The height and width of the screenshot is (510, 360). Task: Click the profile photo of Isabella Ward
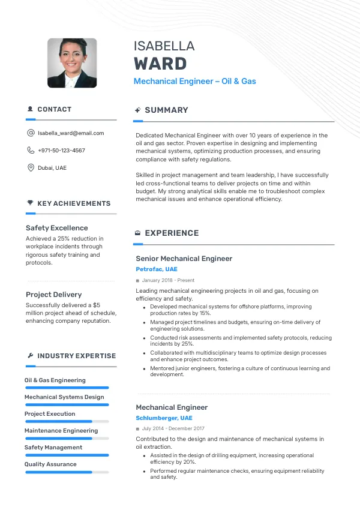[x=72, y=63]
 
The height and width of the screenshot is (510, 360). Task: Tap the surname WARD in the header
[x=160, y=64]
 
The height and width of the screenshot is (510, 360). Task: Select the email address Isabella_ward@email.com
[x=71, y=133]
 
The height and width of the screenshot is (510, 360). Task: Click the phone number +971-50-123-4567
[x=61, y=151]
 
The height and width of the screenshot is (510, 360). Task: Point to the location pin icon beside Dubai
[x=31, y=168]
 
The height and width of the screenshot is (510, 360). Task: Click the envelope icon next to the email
[x=31, y=133]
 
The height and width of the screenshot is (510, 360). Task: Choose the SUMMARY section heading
[x=166, y=110]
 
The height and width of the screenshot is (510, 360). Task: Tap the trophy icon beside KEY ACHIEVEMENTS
[x=30, y=203]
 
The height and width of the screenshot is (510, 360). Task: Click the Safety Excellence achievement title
[x=56, y=228]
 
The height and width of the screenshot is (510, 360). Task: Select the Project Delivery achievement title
[x=53, y=295]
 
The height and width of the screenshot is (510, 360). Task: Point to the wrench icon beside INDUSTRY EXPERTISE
[x=30, y=356]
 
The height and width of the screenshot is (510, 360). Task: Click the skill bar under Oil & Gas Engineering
[x=67, y=388]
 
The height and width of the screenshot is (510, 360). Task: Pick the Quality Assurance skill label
[x=50, y=464]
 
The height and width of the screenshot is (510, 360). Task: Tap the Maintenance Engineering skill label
[x=61, y=431]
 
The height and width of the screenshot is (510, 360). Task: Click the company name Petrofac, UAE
[x=157, y=269]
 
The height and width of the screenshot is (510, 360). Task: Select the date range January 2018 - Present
[x=168, y=280]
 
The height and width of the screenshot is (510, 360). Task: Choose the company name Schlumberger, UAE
[x=164, y=418]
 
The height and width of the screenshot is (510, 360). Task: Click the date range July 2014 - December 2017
[x=173, y=429]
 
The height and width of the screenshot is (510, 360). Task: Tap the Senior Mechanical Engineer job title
[x=184, y=259]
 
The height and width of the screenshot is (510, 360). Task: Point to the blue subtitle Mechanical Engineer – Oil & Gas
[x=194, y=81]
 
